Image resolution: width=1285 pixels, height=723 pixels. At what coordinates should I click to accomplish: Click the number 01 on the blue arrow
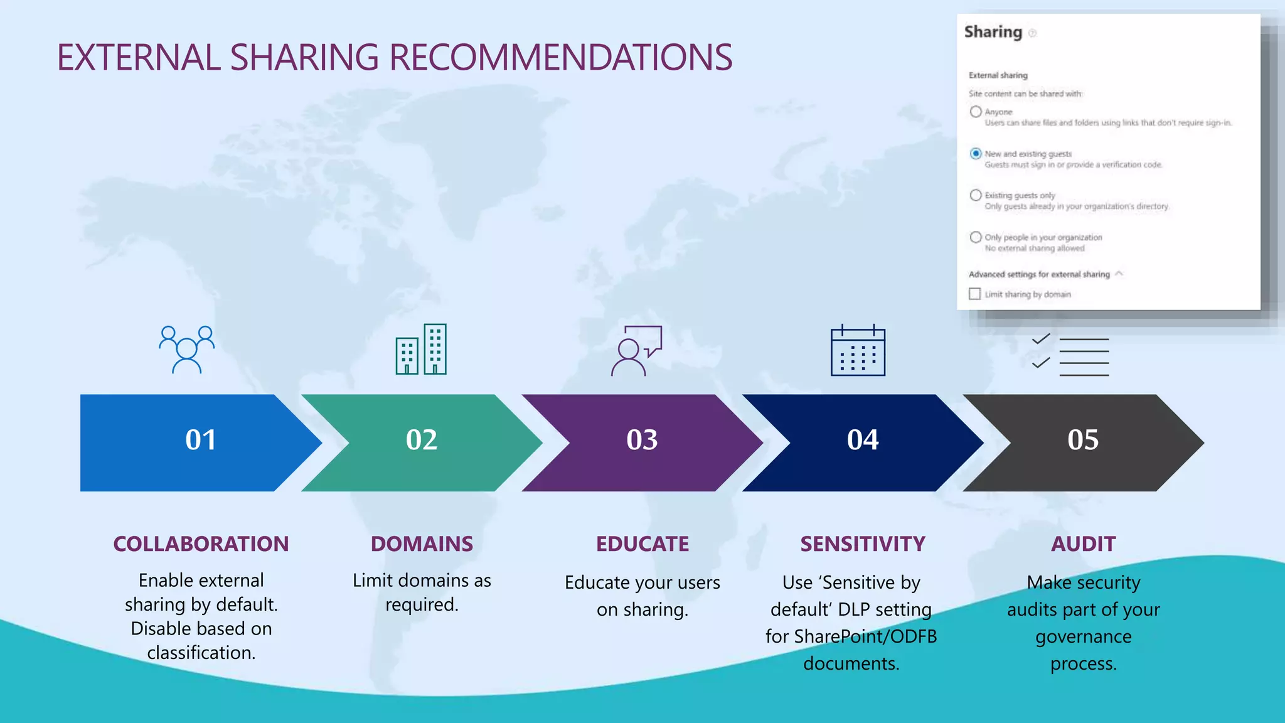pos(201,440)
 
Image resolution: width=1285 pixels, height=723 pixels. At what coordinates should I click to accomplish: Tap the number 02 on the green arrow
pos(422,440)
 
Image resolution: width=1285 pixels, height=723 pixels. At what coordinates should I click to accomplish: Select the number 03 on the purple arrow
pos(642,440)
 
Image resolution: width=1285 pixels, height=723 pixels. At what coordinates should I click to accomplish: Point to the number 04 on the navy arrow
pos(863,440)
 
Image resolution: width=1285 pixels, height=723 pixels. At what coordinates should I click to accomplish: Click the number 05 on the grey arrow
pos(1083,440)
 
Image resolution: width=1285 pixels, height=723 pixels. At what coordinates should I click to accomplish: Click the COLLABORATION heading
pos(201,544)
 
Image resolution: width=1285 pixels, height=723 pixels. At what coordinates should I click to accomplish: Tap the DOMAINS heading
pos(422,544)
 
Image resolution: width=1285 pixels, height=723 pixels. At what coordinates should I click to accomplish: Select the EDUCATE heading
pos(642,544)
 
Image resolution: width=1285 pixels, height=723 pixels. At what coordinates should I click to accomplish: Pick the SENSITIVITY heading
pos(863,544)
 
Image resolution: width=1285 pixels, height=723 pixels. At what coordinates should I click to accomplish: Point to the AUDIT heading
pos(1084,544)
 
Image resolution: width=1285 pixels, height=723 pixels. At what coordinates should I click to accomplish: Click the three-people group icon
pos(186,350)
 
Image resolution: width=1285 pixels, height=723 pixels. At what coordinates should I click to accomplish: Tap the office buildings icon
pos(421,350)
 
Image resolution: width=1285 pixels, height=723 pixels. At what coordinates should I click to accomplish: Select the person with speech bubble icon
pos(636,350)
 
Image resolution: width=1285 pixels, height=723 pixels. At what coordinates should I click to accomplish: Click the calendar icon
pos(858,351)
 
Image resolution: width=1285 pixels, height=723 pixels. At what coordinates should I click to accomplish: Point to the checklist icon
pos(1070,356)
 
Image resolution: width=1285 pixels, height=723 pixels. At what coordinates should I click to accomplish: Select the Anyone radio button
pos(976,112)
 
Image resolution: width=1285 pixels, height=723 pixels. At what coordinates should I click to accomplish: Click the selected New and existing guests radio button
pos(976,154)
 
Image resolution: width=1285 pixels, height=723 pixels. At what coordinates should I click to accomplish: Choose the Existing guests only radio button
pos(976,195)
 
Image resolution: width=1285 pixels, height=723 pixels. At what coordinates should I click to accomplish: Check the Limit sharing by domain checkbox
pos(974,294)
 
